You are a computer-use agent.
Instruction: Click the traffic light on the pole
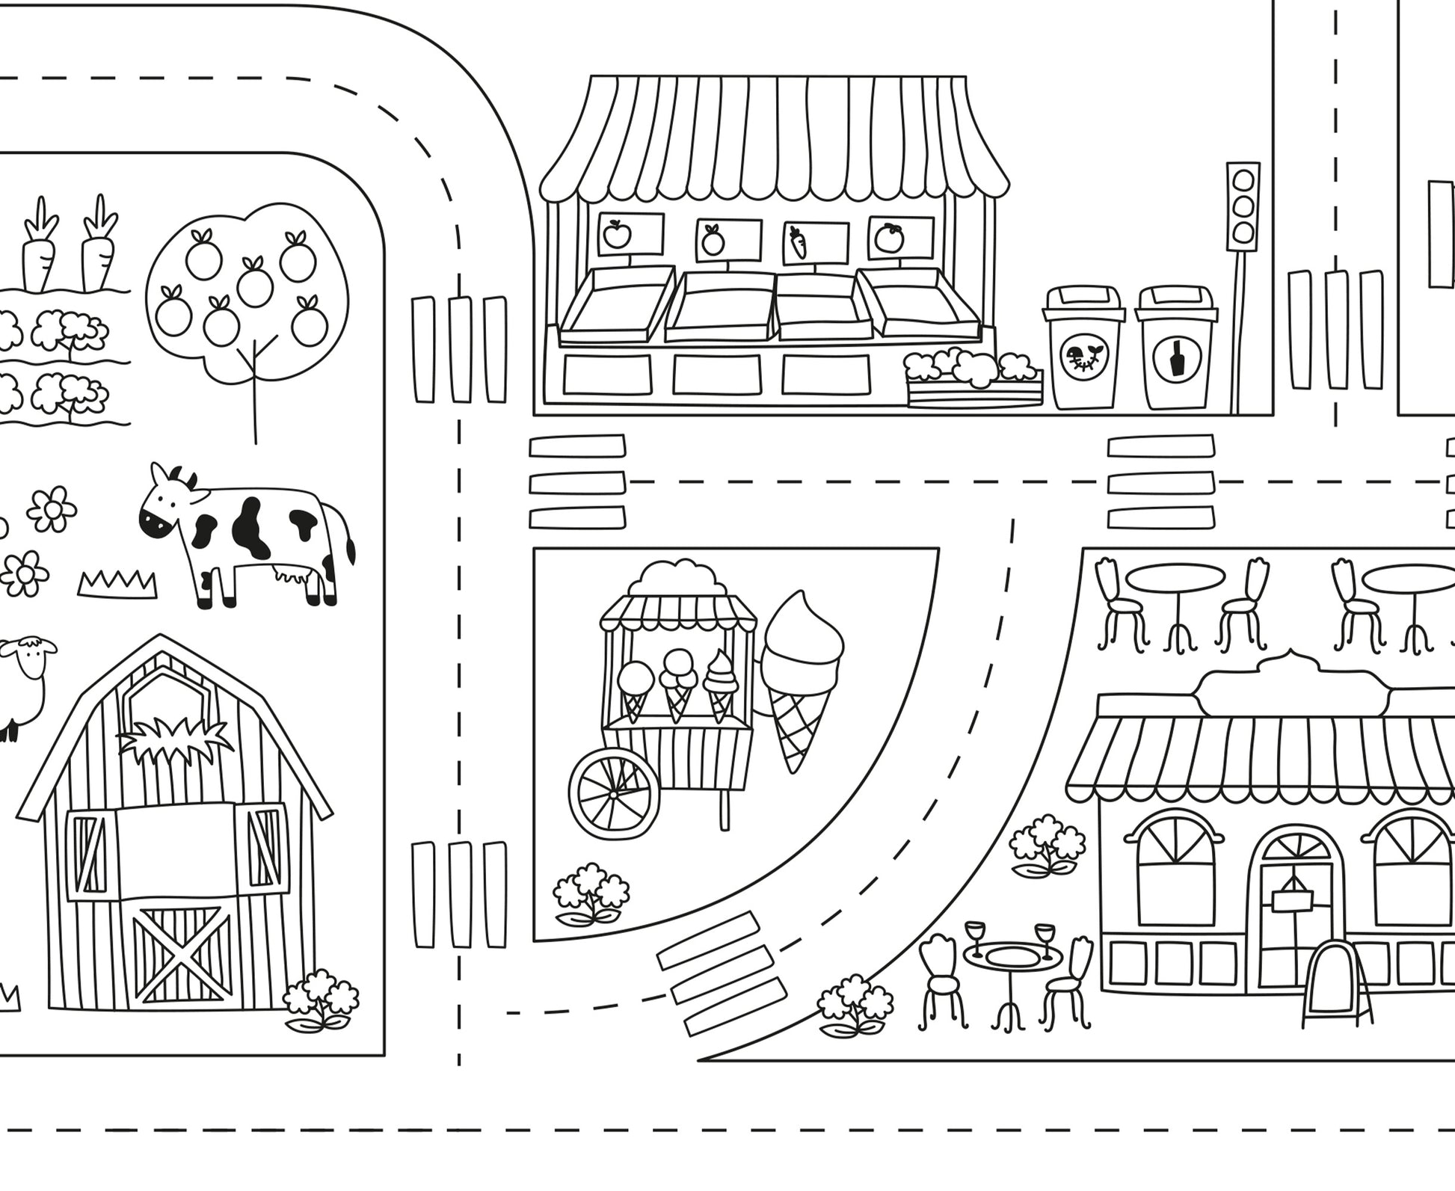click(1243, 206)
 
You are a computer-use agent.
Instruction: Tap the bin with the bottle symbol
click(1176, 357)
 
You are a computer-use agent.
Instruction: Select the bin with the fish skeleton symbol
click(1083, 357)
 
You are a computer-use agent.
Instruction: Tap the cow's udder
click(288, 574)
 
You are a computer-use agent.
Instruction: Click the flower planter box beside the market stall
click(973, 381)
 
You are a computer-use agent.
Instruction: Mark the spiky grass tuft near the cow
click(118, 583)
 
